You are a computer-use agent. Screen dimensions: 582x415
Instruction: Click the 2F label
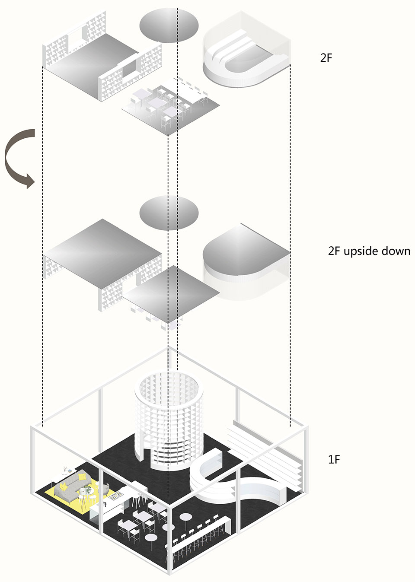[326, 58]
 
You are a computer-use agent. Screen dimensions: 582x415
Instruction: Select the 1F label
[334, 459]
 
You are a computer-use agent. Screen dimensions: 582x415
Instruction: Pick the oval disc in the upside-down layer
[169, 213]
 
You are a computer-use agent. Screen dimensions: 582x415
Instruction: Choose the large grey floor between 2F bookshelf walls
[93, 60]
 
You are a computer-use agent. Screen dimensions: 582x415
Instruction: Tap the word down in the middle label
[396, 251]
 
